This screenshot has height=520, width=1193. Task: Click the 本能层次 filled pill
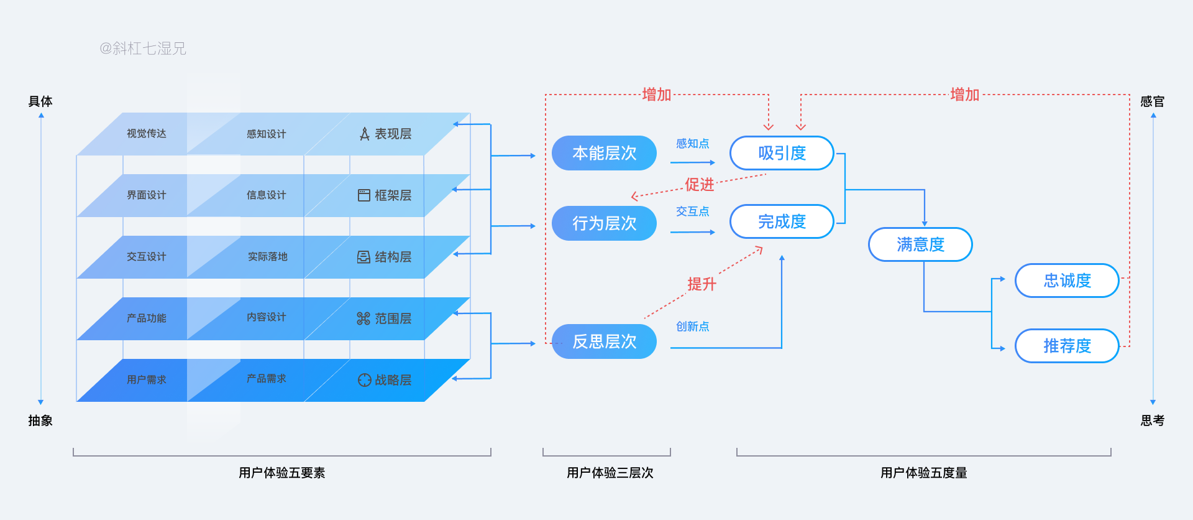(x=604, y=153)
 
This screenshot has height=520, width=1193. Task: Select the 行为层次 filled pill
(x=604, y=223)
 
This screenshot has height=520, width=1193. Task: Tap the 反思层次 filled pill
(x=604, y=341)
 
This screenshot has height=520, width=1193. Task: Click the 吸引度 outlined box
(x=782, y=153)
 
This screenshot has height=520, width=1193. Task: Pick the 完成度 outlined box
(x=782, y=221)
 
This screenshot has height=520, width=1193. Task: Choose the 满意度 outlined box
(x=920, y=244)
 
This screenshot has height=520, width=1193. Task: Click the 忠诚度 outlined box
(x=1067, y=281)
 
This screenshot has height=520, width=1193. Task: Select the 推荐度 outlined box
(x=1067, y=346)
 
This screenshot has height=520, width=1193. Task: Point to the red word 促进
(x=700, y=185)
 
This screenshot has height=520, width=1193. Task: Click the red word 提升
(x=702, y=284)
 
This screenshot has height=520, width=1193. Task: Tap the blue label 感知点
(x=692, y=144)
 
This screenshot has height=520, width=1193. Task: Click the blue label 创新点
(x=692, y=327)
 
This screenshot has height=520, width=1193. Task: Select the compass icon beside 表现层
(x=365, y=134)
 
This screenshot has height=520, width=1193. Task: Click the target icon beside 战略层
(x=364, y=380)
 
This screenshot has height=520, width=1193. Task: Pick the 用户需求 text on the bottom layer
(x=146, y=379)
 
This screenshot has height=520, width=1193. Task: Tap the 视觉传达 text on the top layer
(x=146, y=134)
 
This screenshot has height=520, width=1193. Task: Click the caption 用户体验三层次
(x=610, y=473)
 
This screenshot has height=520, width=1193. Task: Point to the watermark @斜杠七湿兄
(x=143, y=49)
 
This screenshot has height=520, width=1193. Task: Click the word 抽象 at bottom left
(x=40, y=420)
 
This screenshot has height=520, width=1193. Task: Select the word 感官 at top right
(x=1152, y=101)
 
